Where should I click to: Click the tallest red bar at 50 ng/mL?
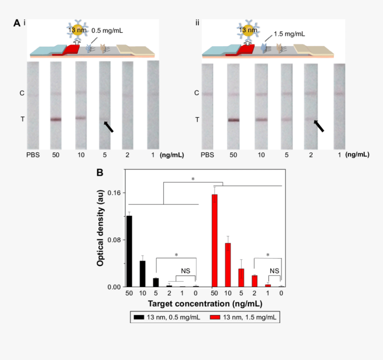[215, 240]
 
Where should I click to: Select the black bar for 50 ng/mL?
[129, 251]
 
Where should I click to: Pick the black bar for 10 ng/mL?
[143, 273]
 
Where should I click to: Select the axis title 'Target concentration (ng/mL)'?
[204, 303]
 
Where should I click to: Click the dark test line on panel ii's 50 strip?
[234, 120]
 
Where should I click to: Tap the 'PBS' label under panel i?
[33, 155]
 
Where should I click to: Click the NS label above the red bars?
[274, 271]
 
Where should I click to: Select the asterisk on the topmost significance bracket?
[193, 179]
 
